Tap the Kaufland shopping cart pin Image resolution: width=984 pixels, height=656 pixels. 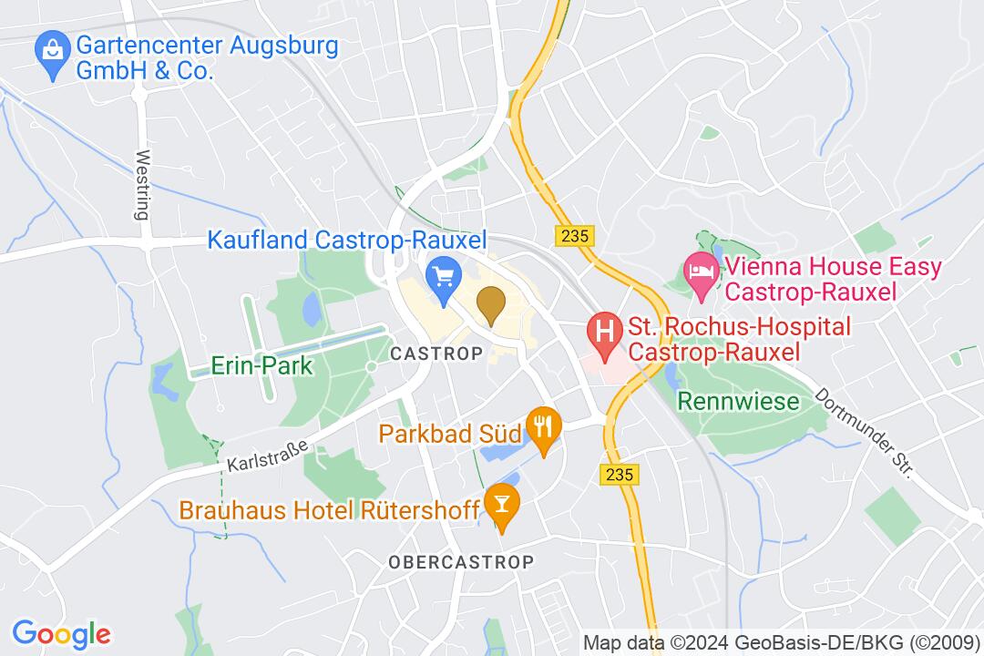[x=443, y=272]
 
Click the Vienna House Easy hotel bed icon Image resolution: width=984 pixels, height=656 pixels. [x=700, y=270]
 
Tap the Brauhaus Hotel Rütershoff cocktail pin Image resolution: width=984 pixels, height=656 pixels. [x=500, y=501]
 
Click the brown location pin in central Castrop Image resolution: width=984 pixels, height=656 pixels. [x=491, y=303]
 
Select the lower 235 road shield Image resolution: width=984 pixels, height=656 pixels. [x=620, y=475]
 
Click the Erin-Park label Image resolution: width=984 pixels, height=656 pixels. [x=249, y=366]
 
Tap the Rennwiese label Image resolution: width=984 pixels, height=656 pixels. [x=738, y=401]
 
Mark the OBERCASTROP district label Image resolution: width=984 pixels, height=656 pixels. [x=460, y=561]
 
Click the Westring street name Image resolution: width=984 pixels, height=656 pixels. [x=141, y=186]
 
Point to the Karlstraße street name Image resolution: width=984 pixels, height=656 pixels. [x=267, y=451]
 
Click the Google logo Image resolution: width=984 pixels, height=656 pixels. [x=61, y=633]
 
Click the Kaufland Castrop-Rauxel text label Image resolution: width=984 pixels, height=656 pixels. [x=347, y=241]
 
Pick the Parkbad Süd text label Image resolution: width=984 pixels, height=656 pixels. [x=450, y=433]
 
